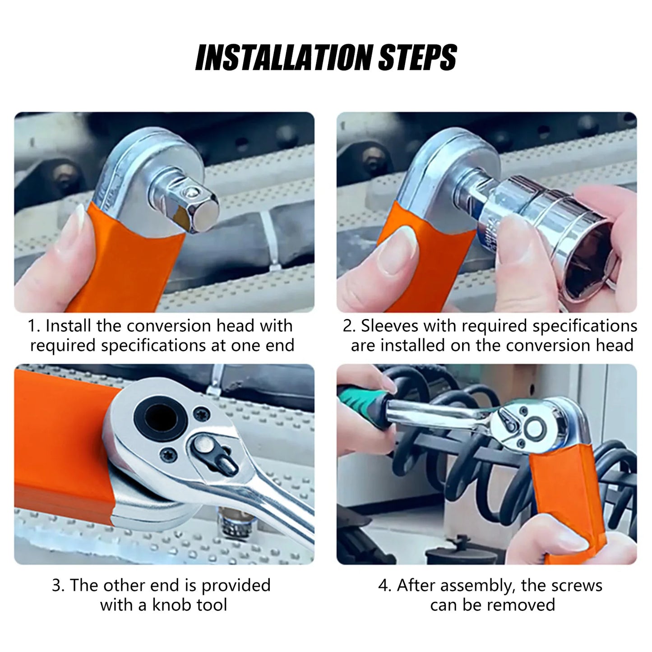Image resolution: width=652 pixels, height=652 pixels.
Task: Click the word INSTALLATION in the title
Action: coord(284,57)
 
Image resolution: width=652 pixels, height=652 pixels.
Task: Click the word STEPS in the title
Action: coord(416,57)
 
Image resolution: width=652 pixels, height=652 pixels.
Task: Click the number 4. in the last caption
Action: coord(384,585)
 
